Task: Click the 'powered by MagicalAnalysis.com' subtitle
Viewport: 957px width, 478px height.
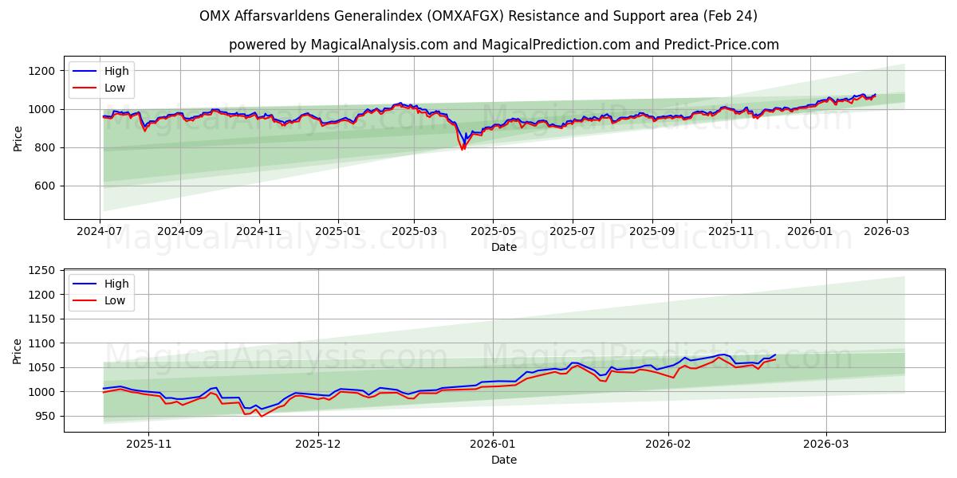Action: pyautogui.click(x=503, y=45)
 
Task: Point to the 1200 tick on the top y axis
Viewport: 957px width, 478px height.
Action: pyautogui.click(x=41, y=71)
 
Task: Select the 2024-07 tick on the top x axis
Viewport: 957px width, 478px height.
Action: pyautogui.click(x=100, y=232)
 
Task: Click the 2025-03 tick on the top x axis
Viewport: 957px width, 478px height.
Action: pyautogui.click(x=414, y=232)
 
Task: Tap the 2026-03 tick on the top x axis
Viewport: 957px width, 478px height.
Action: pyautogui.click(x=887, y=232)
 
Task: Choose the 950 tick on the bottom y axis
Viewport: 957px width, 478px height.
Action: pyautogui.click(x=44, y=416)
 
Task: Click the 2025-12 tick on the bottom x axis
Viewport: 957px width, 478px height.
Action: pyautogui.click(x=318, y=445)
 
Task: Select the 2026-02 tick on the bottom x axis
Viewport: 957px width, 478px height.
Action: pyautogui.click(x=668, y=445)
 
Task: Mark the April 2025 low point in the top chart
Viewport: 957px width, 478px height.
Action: pyautogui.click(x=462, y=150)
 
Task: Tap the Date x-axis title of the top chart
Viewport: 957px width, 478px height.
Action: pyautogui.click(x=503, y=247)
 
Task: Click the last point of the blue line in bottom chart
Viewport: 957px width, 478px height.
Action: pyautogui.click(x=775, y=355)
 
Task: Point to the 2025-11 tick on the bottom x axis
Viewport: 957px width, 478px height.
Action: pyautogui.click(x=149, y=445)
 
